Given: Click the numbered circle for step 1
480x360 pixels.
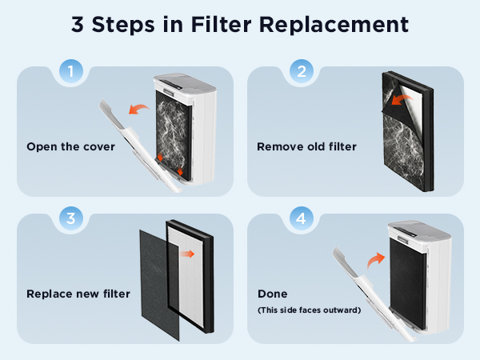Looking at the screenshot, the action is [71, 71].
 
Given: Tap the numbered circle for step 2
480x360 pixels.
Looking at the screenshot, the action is [302, 71].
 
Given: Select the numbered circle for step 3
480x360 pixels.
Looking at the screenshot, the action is [71, 218].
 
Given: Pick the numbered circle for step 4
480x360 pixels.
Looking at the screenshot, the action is [302, 218].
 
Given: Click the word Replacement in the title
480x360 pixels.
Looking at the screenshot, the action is [334, 25].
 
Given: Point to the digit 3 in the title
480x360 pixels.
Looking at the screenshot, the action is [78, 25].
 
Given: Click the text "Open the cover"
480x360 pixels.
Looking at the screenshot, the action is [70, 146].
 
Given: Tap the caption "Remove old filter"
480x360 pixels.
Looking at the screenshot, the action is [306, 146].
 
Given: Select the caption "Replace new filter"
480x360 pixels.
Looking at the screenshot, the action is [78, 294].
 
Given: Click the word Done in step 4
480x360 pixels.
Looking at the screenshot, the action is [273, 294].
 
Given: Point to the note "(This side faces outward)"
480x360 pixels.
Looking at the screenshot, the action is [309, 310].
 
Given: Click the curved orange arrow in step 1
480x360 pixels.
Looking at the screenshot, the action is [138, 108].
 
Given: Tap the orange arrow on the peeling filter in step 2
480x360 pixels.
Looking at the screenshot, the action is [402, 99].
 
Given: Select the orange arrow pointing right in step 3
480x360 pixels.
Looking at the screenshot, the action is [187, 254].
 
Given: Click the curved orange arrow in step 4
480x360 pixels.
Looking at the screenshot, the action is [376, 260].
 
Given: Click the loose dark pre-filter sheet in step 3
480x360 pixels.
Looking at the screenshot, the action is [159, 285].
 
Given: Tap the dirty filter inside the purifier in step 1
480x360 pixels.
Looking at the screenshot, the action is [174, 134].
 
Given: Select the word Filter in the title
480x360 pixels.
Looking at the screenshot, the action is [221, 24].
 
